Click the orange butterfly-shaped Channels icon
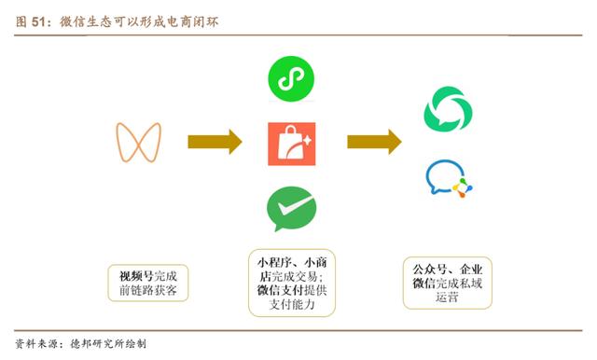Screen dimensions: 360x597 click(138, 142)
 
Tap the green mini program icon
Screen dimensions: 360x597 click(285, 77)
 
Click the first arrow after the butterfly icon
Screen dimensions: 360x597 click(215, 142)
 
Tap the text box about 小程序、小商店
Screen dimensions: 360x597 click(289, 283)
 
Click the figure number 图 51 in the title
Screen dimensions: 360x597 click(35, 21)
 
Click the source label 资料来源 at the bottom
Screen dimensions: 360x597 click(35, 343)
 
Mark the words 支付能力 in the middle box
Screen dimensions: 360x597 click(289, 305)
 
